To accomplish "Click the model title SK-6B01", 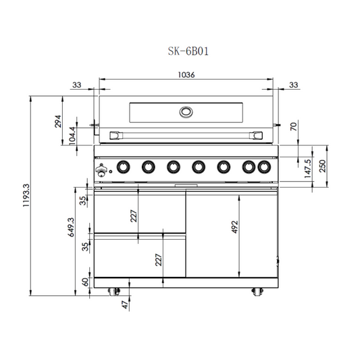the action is pos(188,51).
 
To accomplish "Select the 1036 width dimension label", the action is pos(186,75).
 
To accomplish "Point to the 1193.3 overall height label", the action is pos(26,195).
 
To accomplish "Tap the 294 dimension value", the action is pos(58,121).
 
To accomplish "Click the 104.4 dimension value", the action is pos(72,136).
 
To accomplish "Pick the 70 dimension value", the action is pos(293,126).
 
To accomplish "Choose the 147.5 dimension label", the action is pos(307,169).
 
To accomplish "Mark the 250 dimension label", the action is pos(322,166).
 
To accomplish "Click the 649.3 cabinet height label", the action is pos(71,227).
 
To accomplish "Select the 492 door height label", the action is pos(234,227).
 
